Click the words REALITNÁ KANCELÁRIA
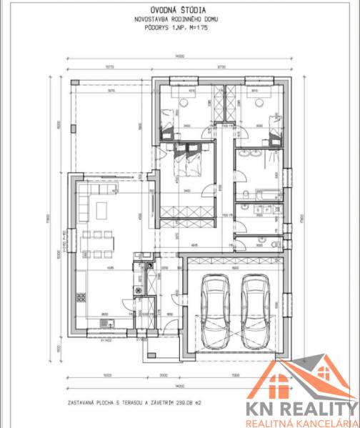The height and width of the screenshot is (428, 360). coord(302,422)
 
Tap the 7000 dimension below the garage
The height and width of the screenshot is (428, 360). coord(235,374)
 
